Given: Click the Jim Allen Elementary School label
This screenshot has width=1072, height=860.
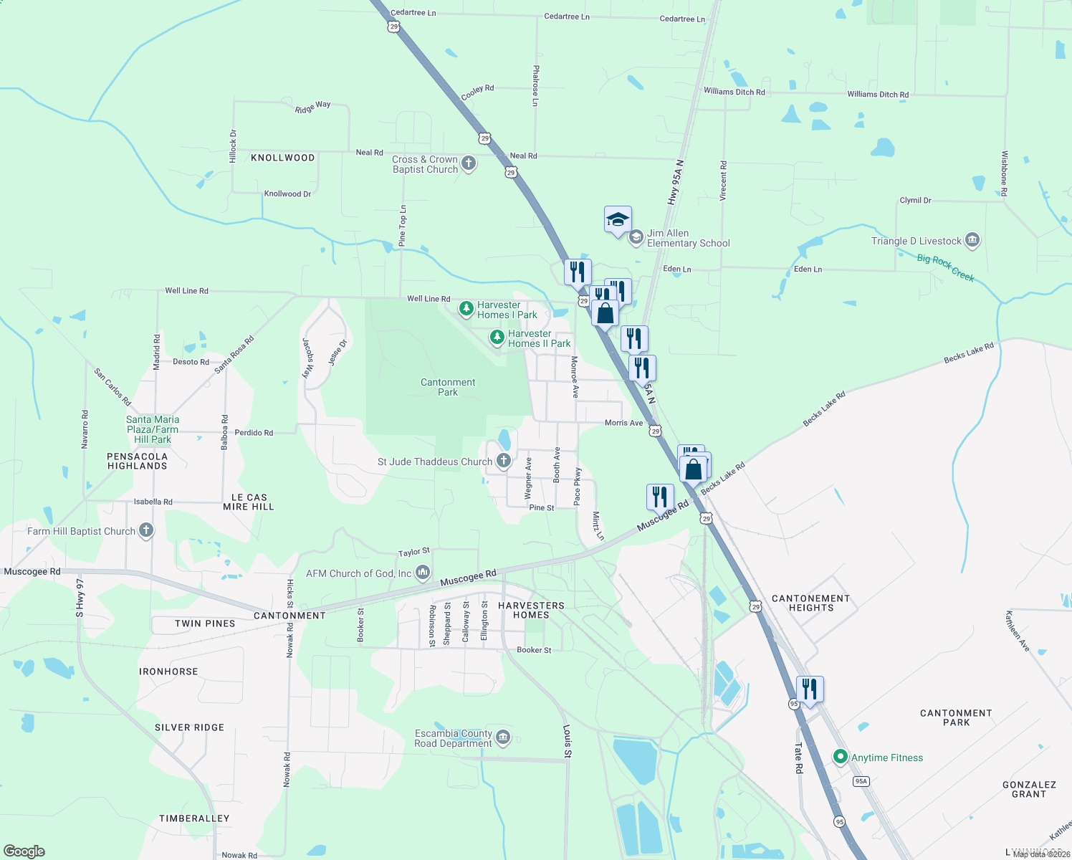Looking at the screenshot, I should coord(688,239).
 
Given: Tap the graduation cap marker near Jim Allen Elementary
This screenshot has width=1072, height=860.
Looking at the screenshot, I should coord(618,221).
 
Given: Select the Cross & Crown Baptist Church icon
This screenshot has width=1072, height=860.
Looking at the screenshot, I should coord(469,163).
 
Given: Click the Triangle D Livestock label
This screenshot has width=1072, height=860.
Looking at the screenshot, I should coord(916,242).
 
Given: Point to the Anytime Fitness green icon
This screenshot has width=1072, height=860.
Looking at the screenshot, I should coord(841,757).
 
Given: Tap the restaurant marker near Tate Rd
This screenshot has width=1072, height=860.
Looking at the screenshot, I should coord(809,690).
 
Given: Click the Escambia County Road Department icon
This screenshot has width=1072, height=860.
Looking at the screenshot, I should coord(503,737).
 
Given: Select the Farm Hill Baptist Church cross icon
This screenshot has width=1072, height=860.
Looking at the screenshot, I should coord(146,531).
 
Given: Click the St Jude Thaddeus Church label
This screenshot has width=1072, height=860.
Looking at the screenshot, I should coord(434,462).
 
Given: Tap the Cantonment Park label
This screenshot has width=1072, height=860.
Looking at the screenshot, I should coord(448,387).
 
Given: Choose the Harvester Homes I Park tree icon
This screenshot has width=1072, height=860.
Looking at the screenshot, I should coord(466,309).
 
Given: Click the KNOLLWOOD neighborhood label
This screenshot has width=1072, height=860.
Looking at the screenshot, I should coord(282,158).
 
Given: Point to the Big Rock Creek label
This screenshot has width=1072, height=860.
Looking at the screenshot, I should coord(945,267).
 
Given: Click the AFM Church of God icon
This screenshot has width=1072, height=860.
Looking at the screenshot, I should coord(423,572).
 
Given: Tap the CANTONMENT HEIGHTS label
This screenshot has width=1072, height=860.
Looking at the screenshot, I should coord(810,603).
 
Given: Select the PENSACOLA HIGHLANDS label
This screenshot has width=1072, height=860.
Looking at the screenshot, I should coord(137,461).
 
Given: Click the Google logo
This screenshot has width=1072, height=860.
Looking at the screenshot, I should coord(24,851).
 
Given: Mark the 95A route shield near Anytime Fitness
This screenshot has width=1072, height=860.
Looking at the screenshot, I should coord(861,781).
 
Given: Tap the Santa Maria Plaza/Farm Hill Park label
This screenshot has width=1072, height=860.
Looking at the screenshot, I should coord(153,429).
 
